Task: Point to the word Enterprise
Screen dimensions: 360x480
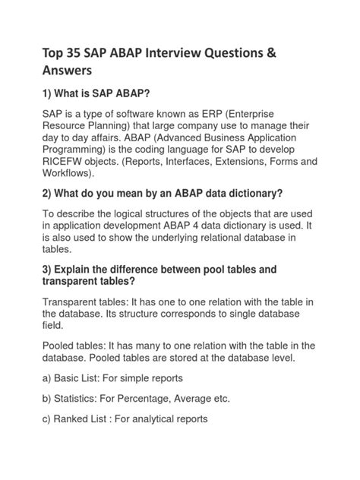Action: coord(278,113)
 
